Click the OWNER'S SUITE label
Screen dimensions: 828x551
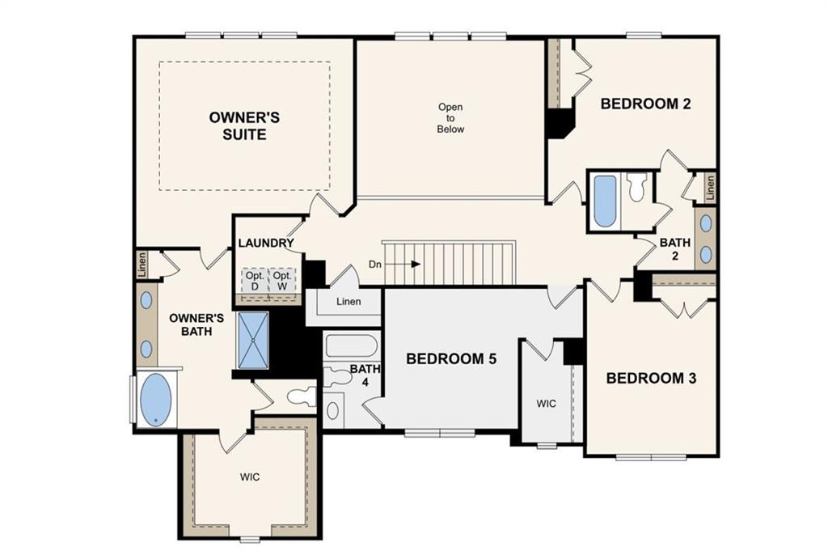pyautogui.click(x=244, y=125)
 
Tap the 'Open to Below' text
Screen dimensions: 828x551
pyautogui.click(x=450, y=118)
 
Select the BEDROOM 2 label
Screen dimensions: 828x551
pyautogui.click(x=645, y=104)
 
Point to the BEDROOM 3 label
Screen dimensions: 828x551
pyautogui.click(x=651, y=378)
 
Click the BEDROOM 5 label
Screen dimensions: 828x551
pyautogui.click(x=451, y=358)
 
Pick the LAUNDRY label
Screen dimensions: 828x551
pyautogui.click(x=265, y=243)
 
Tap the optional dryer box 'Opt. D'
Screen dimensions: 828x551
pyautogui.click(x=255, y=281)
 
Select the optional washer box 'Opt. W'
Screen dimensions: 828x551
pyautogui.click(x=282, y=281)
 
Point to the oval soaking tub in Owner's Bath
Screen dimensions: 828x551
pyautogui.click(x=156, y=400)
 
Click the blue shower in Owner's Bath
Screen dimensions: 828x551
pyautogui.click(x=253, y=340)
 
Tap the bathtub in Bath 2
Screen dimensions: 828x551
pyautogui.click(x=605, y=201)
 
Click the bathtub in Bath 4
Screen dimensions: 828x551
pyautogui.click(x=351, y=346)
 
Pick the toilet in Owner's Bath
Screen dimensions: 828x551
pyautogui.click(x=302, y=396)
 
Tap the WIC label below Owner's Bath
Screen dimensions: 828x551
pyautogui.click(x=250, y=477)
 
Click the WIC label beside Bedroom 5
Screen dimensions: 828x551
pyautogui.click(x=546, y=404)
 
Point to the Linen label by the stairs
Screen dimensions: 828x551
pyautogui.click(x=349, y=302)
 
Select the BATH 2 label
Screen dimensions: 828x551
pyautogui.click(x=675, y=249)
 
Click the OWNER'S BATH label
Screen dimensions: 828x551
pyautogui.click(x=196, y=325)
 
